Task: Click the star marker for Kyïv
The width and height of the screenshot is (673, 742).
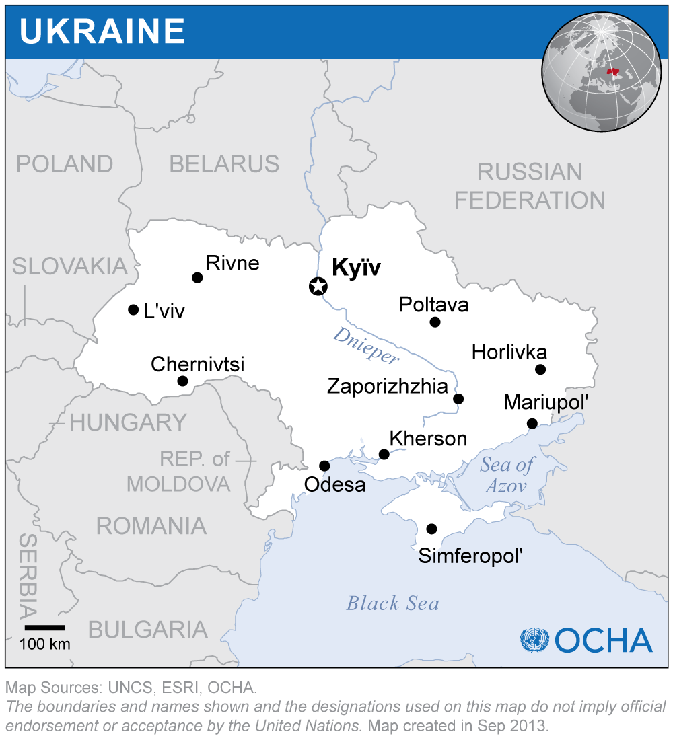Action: [x=318, y=287]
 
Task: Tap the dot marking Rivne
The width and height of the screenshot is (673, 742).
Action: [x=197, y=277]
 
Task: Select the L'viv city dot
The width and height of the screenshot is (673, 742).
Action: [x=133, y=309]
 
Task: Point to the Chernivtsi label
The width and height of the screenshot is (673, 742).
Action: [x=197, y=365]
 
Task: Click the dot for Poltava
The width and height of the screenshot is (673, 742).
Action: [x=435, y=322]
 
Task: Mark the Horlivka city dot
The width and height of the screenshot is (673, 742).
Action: [x=540, y=369]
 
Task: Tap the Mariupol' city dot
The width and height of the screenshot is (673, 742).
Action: [x=532, y=423]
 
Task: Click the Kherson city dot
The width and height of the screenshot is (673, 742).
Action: [x=384, y=455]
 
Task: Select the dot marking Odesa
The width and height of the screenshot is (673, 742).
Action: [x=324, y=466]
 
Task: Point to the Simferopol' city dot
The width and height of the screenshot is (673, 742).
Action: [x=431, y=529]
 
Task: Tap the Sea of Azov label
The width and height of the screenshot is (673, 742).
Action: [x=506, y=475]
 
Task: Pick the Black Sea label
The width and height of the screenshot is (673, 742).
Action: [x=392, y=603]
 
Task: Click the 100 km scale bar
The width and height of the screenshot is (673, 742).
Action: [x=44, y=628]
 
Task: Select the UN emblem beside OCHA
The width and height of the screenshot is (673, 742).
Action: [x=534, y=640]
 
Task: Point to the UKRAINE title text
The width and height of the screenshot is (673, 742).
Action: [x=102, y=32]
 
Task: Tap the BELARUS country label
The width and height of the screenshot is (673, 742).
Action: [x=224, y=164]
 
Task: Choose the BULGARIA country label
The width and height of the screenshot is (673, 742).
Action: [x=147, y=630]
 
